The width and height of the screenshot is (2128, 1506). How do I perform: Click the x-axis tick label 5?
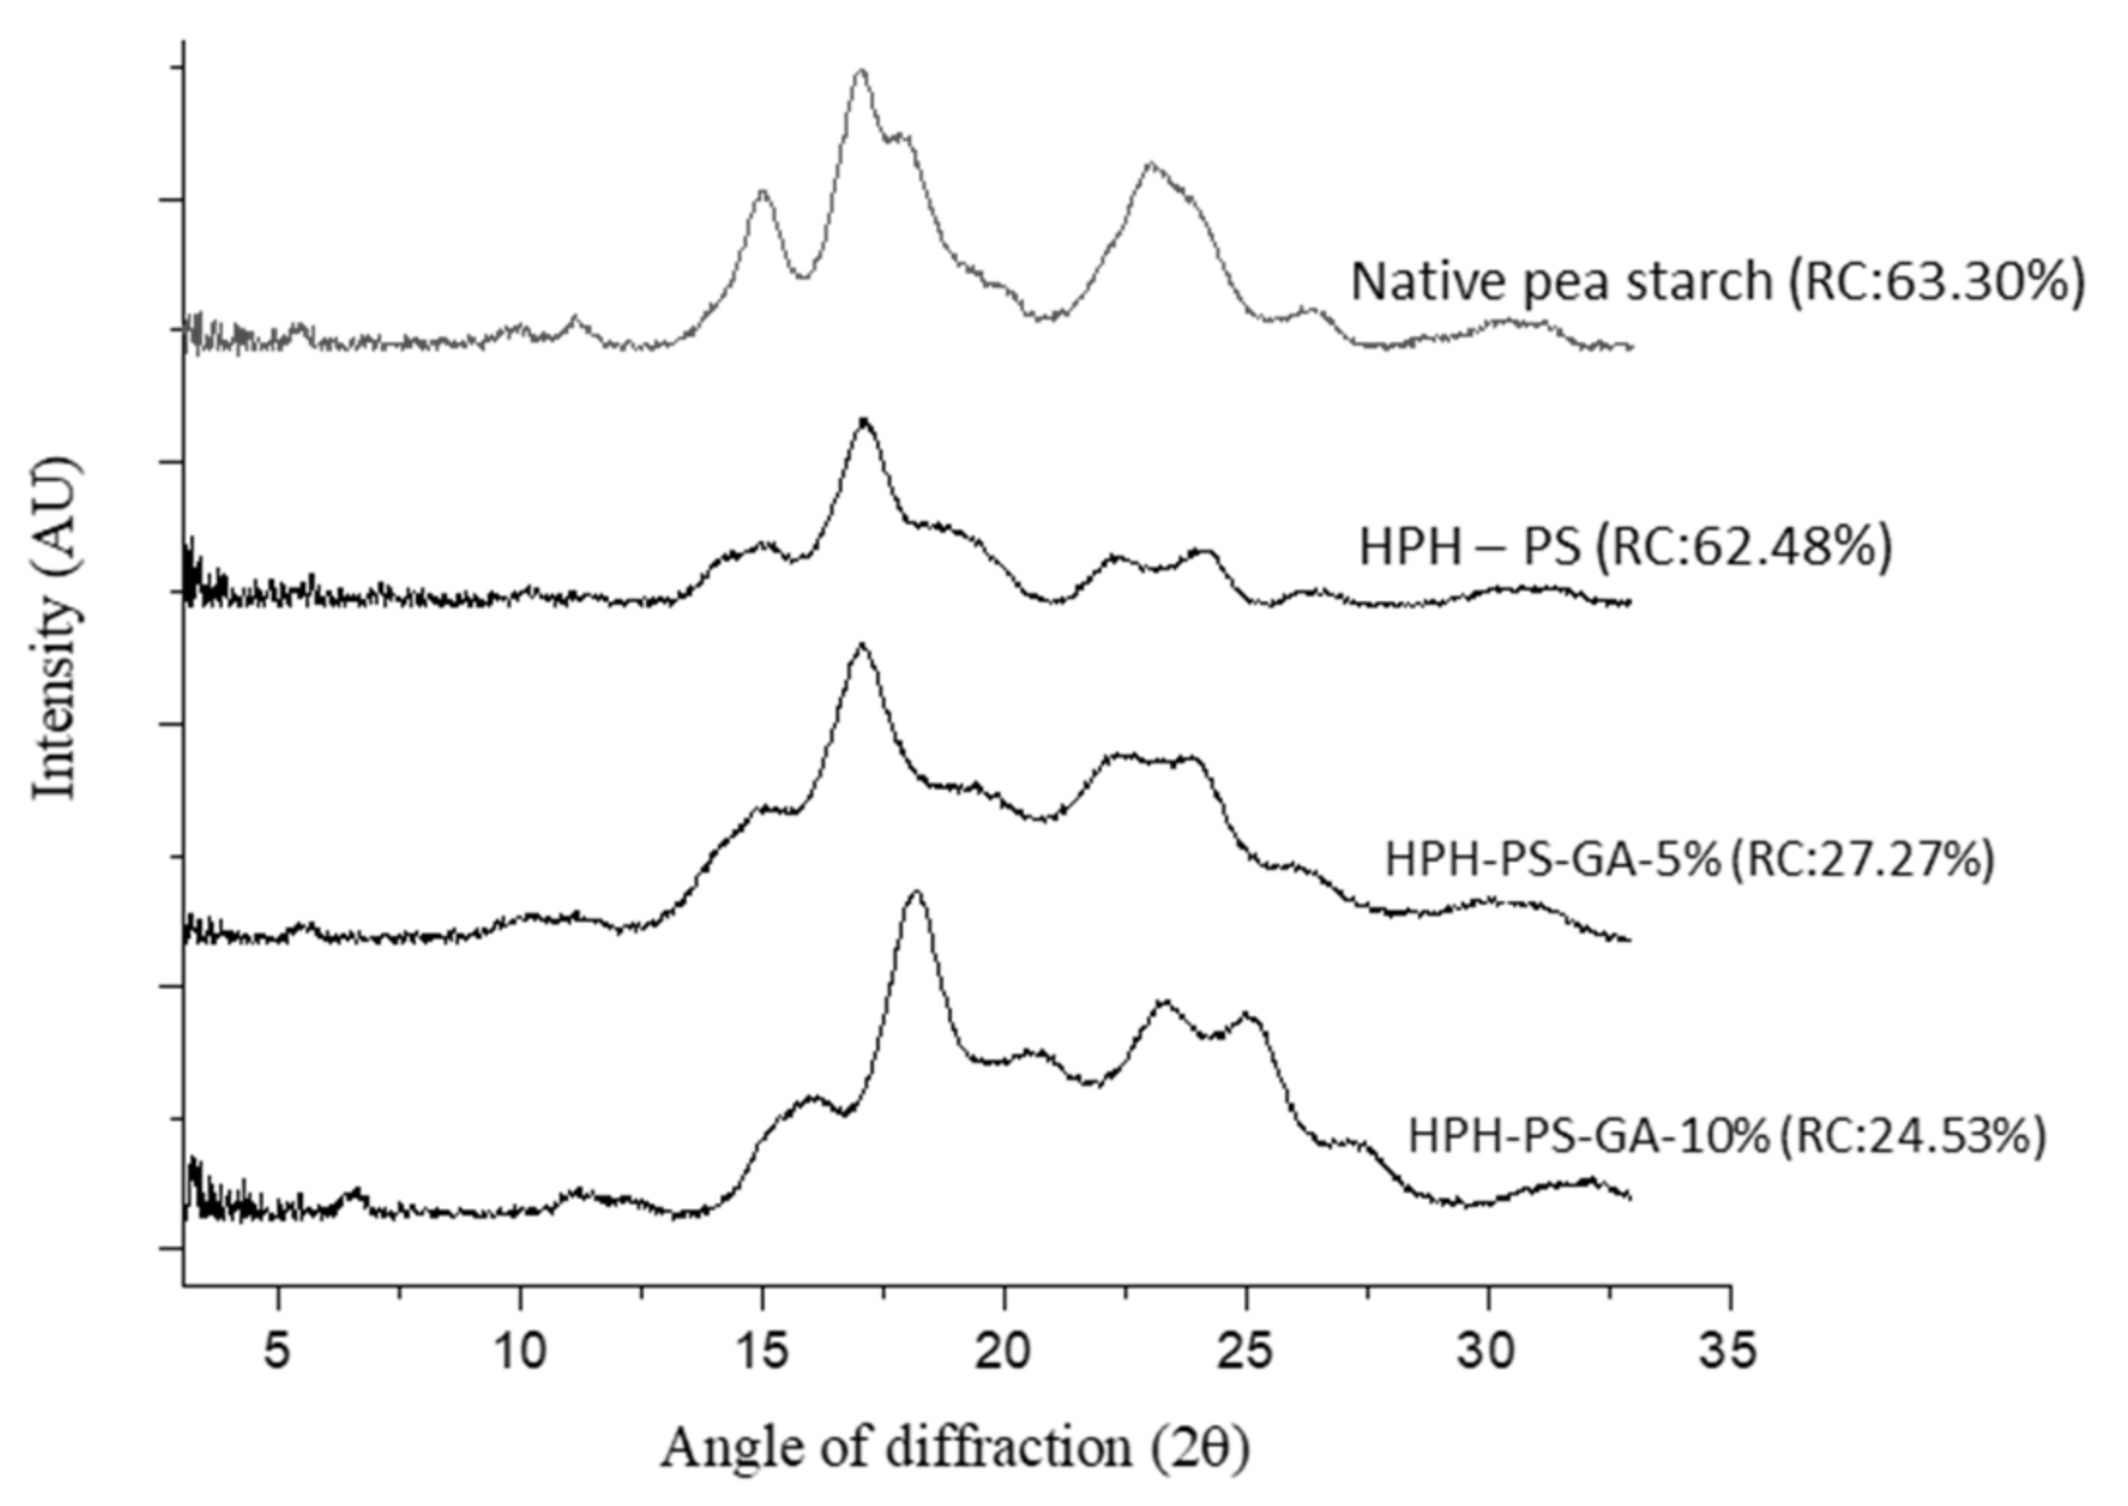click(278, 1351)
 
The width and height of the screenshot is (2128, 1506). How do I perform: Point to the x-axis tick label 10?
click(519, 1351)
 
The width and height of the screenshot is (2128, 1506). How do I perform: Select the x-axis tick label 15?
click(762, 1351)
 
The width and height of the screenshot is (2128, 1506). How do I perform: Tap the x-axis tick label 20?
click(1004, 1351)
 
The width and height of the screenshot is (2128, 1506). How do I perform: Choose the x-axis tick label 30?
click(1488, 1351)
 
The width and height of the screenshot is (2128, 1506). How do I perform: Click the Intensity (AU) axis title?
click(55, 628)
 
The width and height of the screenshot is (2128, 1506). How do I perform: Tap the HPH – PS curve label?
click(1469, 546)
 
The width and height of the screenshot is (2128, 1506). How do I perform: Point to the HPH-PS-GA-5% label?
click(1553, 860)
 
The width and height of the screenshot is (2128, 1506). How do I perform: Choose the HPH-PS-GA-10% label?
click(1588, 1136)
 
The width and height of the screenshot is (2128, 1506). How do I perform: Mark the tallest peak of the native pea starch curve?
click(860, 71)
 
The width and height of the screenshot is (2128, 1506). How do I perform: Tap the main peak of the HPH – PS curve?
click(863, 420)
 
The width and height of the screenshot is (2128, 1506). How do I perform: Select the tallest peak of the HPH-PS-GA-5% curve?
click(860, 646)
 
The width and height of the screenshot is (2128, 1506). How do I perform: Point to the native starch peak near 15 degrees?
click(762, 193)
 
